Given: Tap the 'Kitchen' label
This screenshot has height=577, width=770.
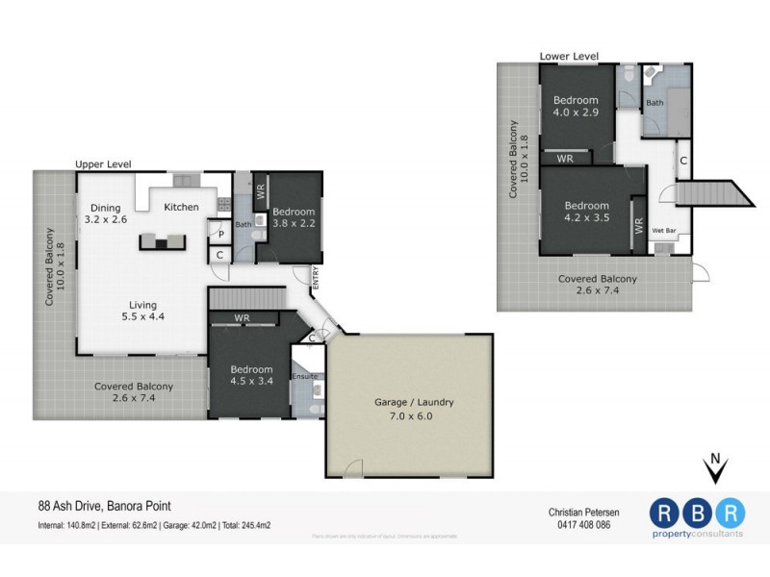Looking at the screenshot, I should click(181, 207).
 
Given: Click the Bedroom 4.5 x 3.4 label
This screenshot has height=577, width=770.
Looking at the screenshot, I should click(251, 375).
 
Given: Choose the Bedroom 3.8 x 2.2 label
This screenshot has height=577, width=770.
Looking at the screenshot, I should click(293, 217).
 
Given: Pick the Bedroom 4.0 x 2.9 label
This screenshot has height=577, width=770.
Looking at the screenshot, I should click(576, 107).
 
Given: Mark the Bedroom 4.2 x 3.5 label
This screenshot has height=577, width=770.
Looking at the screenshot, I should click(586, 212).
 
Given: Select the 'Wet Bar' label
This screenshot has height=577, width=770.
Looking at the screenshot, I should click(663, 231).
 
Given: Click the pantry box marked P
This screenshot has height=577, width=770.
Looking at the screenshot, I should click(219, 233).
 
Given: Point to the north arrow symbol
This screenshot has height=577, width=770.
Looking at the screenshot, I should click(713, 470).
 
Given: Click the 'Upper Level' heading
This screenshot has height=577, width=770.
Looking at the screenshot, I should click(103, 164).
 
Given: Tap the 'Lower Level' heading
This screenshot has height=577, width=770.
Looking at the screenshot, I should click(570, 57).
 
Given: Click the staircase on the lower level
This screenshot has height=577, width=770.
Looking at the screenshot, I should click(712, 193).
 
